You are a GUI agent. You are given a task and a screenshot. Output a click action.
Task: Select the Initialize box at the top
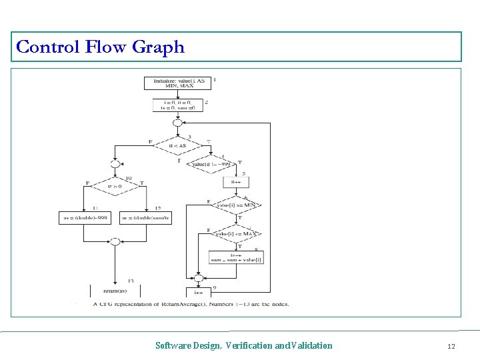tap(177, 83)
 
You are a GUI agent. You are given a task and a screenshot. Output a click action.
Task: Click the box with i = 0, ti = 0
tap(177, 105)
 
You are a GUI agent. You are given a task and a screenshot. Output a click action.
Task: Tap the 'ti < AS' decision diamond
tap(177, 145)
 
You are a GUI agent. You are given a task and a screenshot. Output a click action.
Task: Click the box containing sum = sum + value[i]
tap(236, 257)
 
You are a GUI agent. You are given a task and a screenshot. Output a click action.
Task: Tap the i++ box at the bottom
tap(198, 292)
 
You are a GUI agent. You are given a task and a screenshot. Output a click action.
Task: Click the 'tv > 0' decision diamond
tap(115, 187)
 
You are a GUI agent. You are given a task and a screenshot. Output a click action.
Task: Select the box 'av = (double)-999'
tap(85, 218)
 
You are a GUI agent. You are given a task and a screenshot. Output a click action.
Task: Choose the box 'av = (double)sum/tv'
tap(145, 218)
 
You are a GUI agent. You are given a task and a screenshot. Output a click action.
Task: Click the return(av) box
tap(115, 291)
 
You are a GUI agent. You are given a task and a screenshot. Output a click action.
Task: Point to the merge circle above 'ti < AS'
tap(177, 123)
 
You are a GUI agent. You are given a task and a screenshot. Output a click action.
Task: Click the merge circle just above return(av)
tap(115, 241)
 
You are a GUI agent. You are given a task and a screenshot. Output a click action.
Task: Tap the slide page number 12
tap(451, 345)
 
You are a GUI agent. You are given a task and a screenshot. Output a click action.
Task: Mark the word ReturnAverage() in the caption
tap(183, 304)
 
